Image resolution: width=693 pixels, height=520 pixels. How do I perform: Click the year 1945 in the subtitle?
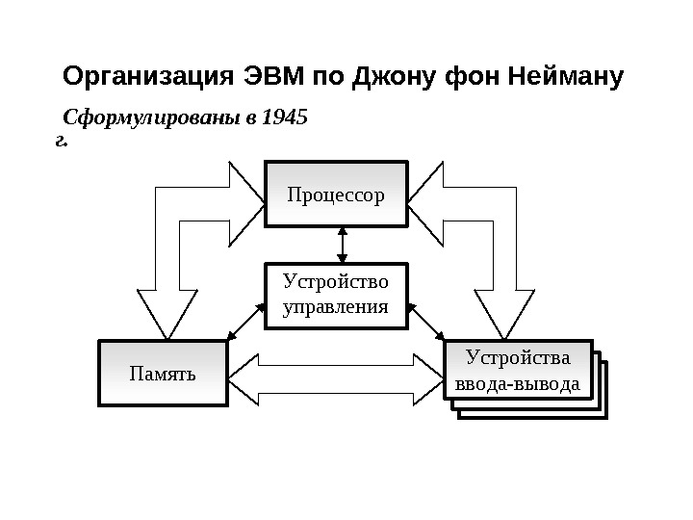(286, 119)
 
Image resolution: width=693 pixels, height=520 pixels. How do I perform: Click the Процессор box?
(336, 195)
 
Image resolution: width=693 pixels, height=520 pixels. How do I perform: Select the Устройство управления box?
(336, 296)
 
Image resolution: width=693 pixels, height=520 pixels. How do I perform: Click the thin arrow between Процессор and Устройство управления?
(342, 245)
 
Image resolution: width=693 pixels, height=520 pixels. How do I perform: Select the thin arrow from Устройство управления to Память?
(246, 322)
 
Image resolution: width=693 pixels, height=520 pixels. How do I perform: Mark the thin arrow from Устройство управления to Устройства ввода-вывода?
(426, 322)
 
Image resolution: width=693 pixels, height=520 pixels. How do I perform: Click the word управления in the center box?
(336, 308)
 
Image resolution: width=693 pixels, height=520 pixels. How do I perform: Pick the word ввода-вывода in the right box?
(517, 385)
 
